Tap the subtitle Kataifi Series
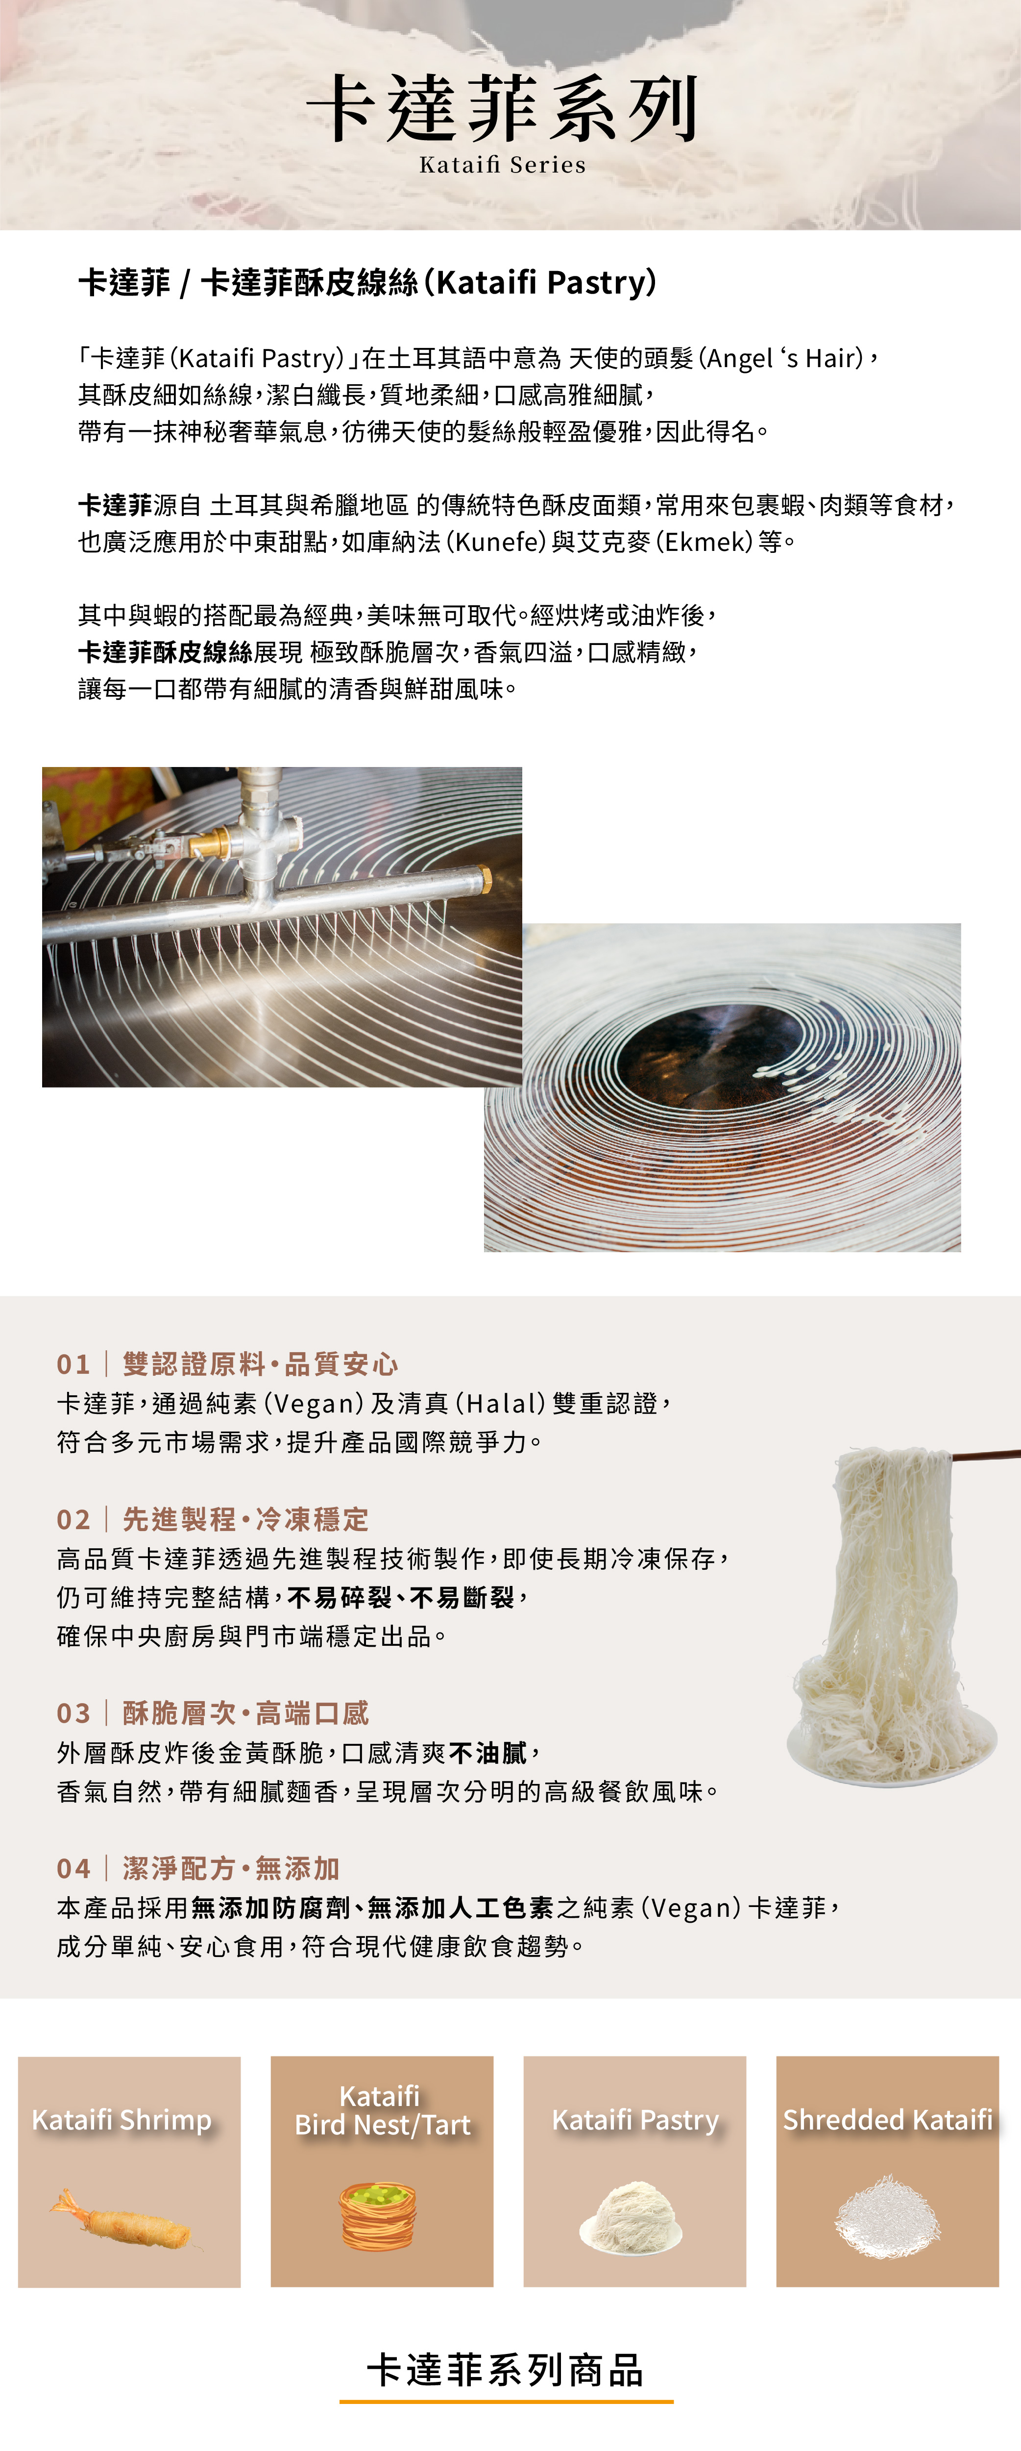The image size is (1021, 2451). pos(502,165)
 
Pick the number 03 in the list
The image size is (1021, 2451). pos(73,1712)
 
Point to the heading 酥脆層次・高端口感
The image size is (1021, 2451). pos(245,1712)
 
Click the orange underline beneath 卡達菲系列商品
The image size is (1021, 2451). pos(506,2401)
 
